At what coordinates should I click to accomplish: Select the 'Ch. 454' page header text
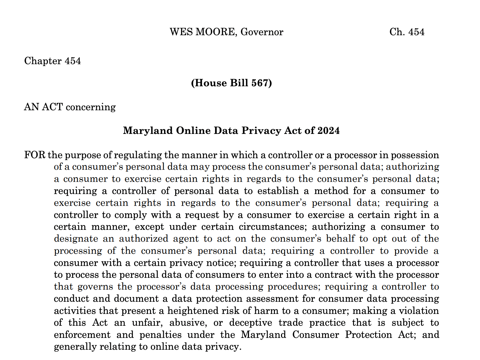point(407,32)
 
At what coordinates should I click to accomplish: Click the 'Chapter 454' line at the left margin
point(53,61)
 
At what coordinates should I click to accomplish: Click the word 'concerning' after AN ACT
point(91,107)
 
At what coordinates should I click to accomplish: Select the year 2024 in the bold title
point(328,130)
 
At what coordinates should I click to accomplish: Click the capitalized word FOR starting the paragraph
point(35,155)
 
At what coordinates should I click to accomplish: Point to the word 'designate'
point(76,239)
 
